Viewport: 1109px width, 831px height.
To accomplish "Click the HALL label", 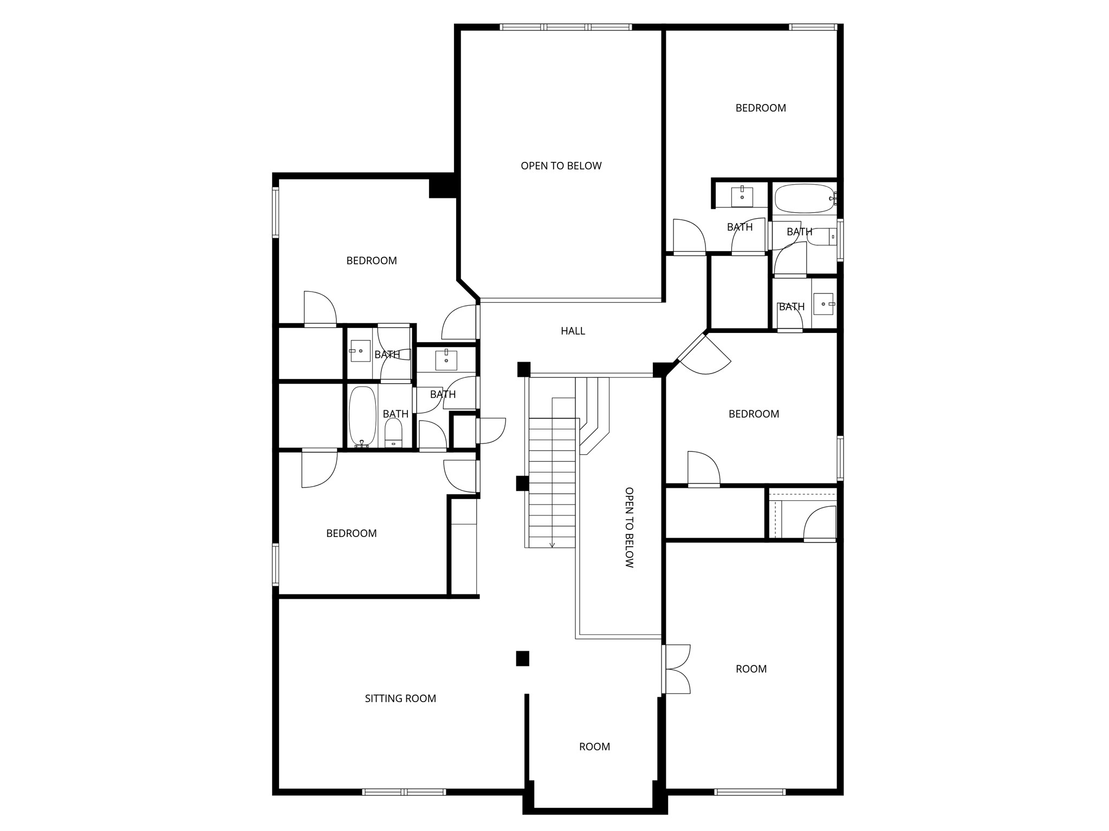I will (x=573, y=331).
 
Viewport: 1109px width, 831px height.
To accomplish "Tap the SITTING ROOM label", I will (x=400, y=698).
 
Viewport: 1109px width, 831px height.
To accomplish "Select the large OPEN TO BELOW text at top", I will (x=561, y=166).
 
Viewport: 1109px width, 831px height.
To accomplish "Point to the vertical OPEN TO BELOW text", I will (x=629, y=527).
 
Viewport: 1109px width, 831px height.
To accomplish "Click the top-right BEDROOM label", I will (x=760, y=108).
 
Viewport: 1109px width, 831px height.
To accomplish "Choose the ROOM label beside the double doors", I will (x=751, y=669).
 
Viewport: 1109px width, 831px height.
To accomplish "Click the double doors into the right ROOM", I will (x=677, y=669).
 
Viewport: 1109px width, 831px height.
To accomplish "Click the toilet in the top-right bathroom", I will (x=822, y=237).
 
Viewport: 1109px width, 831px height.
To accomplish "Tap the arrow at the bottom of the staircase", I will (x=552, y=544).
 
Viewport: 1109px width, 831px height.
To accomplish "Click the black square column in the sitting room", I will (x=522, y=658).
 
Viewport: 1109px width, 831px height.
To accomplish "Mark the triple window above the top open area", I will (x=565, y=27).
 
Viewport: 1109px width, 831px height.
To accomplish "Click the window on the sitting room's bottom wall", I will (x=404, y=791).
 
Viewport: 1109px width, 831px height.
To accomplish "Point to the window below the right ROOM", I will (x=749, y=791).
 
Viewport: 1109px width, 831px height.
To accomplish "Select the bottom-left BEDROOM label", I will (x=351, y=533).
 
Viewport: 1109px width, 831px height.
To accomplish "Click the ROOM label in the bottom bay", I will (x=594, y=747).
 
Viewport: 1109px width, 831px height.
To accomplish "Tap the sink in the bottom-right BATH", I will (x=823, y=304).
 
